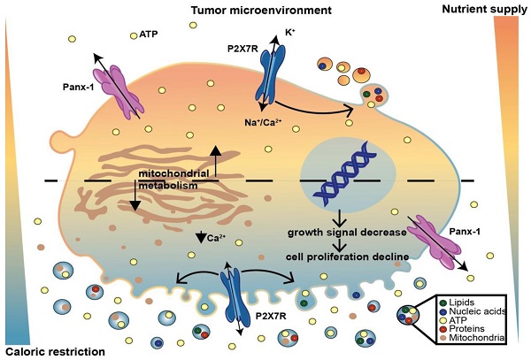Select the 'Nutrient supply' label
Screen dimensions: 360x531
(x=483, y=10)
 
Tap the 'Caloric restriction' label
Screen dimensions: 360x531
(x=54, y=351)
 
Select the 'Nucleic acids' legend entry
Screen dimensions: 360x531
(x=481, y=311)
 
